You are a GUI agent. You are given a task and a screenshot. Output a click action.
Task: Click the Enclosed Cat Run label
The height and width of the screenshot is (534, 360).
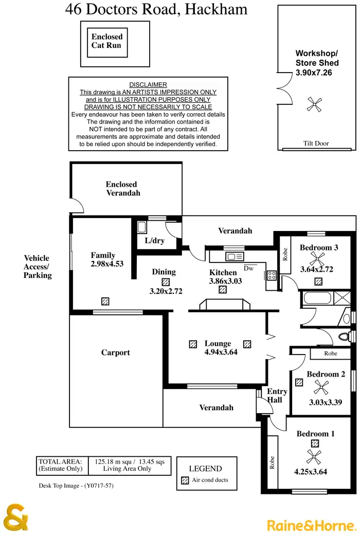point(107,41)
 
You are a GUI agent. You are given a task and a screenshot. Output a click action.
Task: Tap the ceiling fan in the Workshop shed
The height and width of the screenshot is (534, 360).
point(313,104)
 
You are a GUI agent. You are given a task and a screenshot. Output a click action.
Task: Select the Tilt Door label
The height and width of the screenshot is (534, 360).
point(316,144)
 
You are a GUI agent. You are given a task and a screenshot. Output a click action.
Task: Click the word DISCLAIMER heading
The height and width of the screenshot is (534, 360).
point(148,85)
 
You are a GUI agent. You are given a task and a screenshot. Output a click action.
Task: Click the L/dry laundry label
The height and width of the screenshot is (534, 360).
point(154,240)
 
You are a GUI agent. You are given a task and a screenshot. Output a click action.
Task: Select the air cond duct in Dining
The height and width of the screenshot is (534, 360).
point(165,282)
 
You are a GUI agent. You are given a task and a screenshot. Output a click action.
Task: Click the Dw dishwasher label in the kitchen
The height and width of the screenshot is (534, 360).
point(249,268)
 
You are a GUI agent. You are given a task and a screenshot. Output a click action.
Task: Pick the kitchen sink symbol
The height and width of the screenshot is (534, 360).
point(235,256)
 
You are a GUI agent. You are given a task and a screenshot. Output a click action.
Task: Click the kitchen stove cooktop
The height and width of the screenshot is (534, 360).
point(271,275)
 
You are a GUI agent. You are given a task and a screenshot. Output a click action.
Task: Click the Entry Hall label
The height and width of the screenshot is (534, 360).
point(276,396)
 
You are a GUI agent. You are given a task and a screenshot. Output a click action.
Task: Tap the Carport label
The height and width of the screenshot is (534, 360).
point(116,353)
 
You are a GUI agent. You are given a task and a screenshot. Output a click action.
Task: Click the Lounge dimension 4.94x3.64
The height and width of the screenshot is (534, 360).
point(221,352)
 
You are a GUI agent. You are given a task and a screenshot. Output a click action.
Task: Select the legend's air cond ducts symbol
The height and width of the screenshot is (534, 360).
point(185,480)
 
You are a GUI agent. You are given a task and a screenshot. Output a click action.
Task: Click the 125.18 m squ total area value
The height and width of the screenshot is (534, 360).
point(110,461)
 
